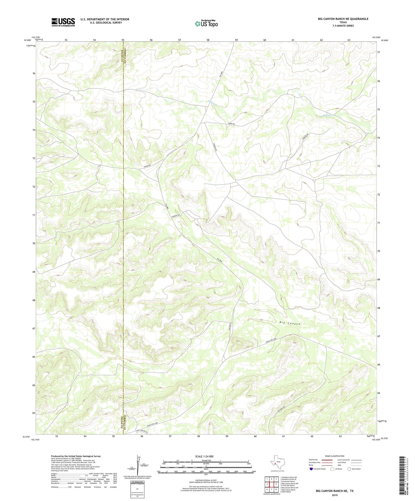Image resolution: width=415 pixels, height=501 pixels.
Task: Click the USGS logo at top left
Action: click(x=63, y=22)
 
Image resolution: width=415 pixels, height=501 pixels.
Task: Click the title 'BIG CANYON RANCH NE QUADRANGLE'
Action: click(x=343, y=19)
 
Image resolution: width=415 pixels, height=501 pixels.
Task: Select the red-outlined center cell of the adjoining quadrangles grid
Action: click(x=271, y=484)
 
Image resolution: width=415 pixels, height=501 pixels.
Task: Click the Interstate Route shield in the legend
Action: click(x=311, y=469)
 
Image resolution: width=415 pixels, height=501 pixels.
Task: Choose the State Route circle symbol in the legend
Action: click(x=349, y=469)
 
